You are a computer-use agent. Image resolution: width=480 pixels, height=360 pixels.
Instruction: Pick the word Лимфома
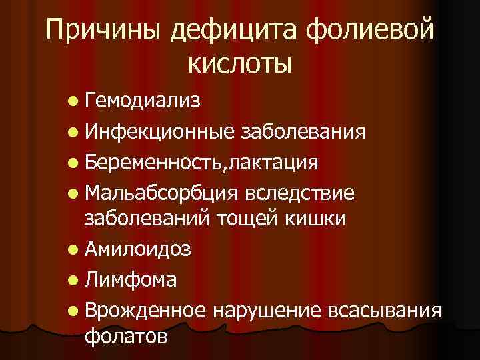[131, 279]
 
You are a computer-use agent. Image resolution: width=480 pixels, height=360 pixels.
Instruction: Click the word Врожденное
[147, 309]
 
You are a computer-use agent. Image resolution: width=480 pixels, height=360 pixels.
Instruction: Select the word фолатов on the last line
[127, 336]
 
